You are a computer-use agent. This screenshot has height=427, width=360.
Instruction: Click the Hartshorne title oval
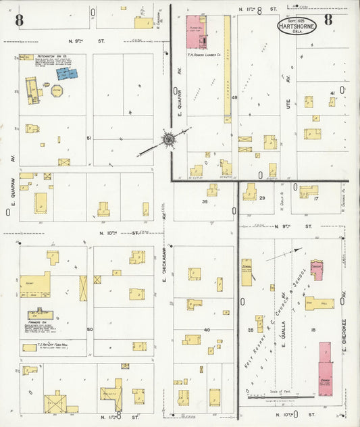tap(299, 28)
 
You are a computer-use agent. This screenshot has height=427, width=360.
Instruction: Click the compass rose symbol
tap(166, 140)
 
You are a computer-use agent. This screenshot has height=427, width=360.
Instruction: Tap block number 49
tap(234, 99)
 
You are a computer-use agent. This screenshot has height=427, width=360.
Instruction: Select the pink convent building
tap(317, 270)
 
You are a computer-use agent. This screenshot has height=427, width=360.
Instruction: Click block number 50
tap(89, 329)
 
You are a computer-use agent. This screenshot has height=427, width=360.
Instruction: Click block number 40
tap(207, 330)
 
